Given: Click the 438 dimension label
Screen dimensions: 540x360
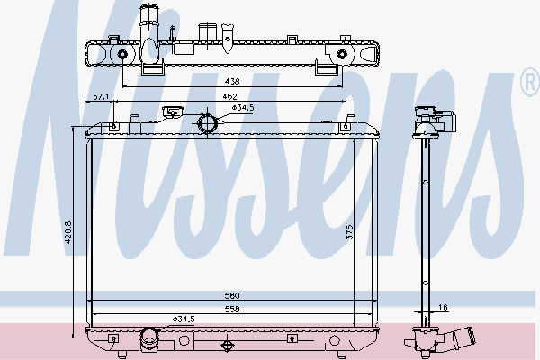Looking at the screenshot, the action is click(x=232, y=81).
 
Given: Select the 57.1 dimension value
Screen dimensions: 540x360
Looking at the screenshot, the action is click(x=101, y=97).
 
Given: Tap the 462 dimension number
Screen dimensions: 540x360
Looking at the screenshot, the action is click(x=229, y=96).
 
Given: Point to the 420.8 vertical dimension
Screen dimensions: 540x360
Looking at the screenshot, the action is click(x=68, y=232).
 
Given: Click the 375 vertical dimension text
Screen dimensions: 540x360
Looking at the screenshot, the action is click(x=349, y=232).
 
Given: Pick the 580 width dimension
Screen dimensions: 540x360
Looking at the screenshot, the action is click(x=232, y=295).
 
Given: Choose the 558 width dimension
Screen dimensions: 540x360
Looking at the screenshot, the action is click(x=232, y=309).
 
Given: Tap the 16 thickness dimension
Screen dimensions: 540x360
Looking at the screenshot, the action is click(x=444, y=307).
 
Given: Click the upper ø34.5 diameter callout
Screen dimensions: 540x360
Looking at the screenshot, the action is click(x=243, y=108).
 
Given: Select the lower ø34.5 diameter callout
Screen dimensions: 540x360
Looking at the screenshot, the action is click(x=184, y=319).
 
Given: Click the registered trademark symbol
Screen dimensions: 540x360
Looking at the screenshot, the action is click(x=531, y=82).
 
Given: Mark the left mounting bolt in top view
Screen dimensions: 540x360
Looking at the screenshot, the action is click(x=122, y=54).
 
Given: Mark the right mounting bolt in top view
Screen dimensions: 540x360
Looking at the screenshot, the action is click(x=342, y=54).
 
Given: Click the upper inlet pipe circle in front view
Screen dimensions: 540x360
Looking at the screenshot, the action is click(x=207, y=123).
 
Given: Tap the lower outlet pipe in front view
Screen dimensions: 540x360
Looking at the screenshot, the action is click(x=149, y=339).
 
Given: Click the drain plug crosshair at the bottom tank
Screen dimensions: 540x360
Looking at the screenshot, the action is click(x=227, y=345).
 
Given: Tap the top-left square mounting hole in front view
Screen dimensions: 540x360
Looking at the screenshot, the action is click(x=114, y=126).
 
